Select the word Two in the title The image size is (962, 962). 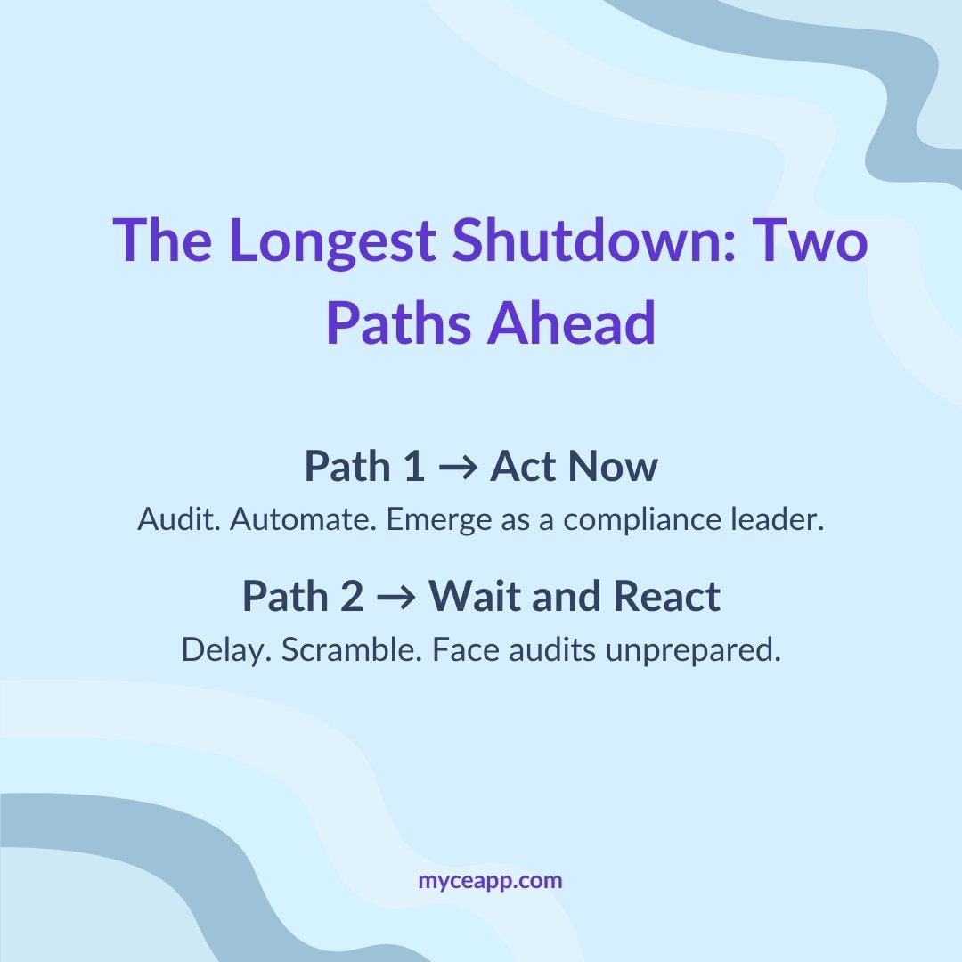pyautogui.click(x=810, y=241)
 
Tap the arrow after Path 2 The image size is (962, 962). pyautogui.click(x=396, y=598)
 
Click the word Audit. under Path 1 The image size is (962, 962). pyautogui.click(x=178, y=521)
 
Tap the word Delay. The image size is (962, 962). pyautogui.click(x=226, y=650)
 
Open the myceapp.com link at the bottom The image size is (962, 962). pyautogui.click(x=491, y=881)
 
